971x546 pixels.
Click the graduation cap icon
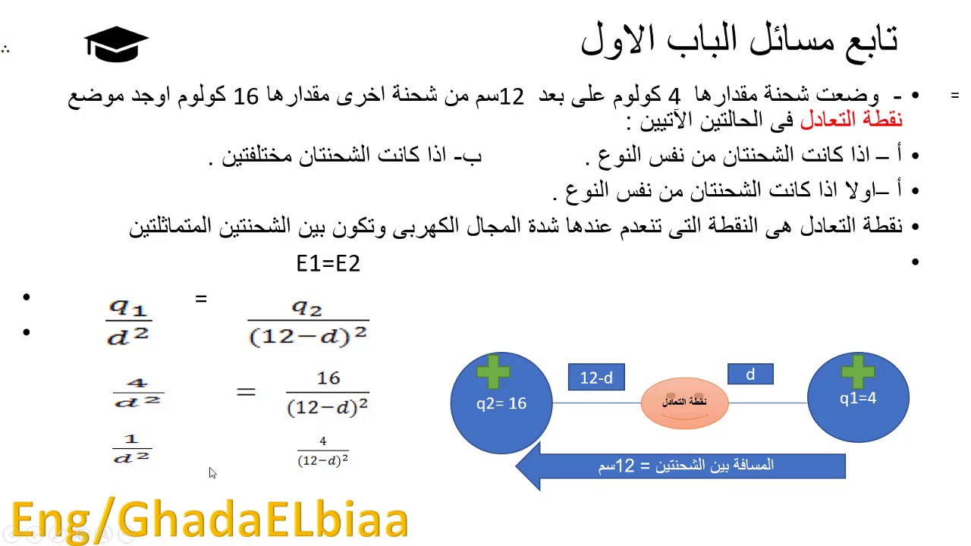(116, 44)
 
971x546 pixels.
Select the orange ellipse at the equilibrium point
(684, 402)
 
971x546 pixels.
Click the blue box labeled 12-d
(596, 378)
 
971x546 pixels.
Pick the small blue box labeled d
(750, 375)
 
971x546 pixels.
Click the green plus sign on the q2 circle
(494, 372)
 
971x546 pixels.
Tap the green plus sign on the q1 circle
(858, 369)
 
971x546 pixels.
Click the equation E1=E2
(328, 264)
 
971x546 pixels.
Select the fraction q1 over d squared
(129, 322)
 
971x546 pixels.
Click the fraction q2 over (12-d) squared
(308, 322)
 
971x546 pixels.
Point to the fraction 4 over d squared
(137, 392)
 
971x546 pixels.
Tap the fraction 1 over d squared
(132, 449)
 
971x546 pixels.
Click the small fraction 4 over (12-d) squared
(323, 452)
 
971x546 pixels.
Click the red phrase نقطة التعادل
(851, 120)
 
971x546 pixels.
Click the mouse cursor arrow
(212, 472)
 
